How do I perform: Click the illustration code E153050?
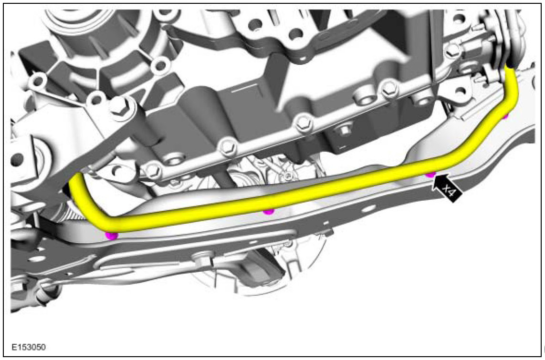29,347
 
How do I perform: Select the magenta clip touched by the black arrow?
431,174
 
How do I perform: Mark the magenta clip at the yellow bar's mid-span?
268,211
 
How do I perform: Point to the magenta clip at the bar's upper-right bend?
506,116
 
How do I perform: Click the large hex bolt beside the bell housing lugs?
119,106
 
